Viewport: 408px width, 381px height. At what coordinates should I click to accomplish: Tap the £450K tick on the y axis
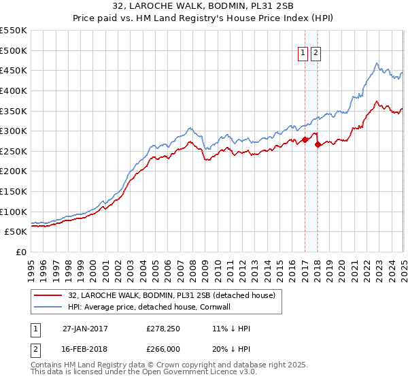coord(14,70)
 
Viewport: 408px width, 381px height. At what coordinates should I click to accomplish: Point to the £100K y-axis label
coord(14,212)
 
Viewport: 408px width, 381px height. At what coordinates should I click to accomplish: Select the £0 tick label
coord(22,252)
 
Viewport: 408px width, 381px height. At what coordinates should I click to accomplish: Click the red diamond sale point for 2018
coord(318,144)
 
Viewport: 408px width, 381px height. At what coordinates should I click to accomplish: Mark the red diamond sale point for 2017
coord(305,139)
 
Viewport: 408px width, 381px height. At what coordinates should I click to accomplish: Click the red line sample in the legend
coord(48,295)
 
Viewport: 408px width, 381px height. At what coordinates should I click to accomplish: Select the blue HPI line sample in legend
coord(48,306)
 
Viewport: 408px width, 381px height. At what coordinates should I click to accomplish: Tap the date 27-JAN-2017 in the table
coord(85,329)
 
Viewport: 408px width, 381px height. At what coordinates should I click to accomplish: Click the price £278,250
coord(163,329)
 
